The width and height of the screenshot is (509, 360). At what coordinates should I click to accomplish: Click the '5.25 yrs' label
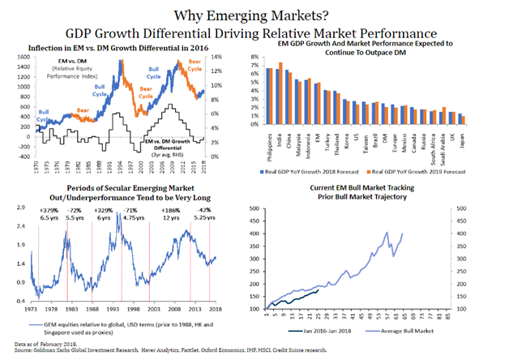[199, 217]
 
